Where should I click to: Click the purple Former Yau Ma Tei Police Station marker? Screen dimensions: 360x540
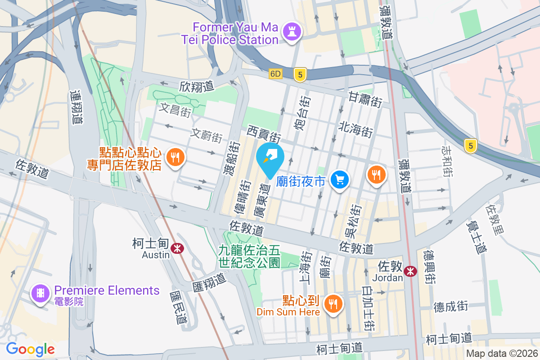[x=292, y=32]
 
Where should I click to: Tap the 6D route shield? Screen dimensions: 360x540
[x=276, y=74]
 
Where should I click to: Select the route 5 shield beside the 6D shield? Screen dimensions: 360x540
[x=300, y=74]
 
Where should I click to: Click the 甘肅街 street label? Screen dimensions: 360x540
[x=365, y=99]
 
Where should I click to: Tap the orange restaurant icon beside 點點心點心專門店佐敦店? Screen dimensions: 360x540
[x=174, y=157]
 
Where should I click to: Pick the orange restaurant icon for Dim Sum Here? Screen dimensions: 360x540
[x=333, y=304]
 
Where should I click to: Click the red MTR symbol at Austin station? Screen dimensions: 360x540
[x=177, y=248]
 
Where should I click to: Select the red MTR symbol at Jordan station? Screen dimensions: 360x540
[x=410, y=270]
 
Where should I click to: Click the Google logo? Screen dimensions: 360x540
[x=30, y=349]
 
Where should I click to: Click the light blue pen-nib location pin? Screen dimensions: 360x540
[x=270, y=158]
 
